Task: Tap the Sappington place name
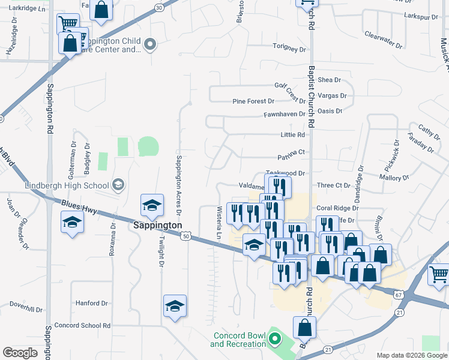click(157, 225)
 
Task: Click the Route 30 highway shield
click(158, 8)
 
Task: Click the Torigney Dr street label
click(289, 47)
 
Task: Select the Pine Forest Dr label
click(253, 101)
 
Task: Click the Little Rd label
click(292, 135)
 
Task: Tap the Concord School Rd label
click(82, 325)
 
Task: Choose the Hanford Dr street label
click(91, 304)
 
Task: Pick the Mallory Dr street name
click(394, 178)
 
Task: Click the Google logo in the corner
click(20, 353)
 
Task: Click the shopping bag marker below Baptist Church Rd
click(304, 328)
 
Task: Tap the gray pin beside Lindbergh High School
click(118, 184)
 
